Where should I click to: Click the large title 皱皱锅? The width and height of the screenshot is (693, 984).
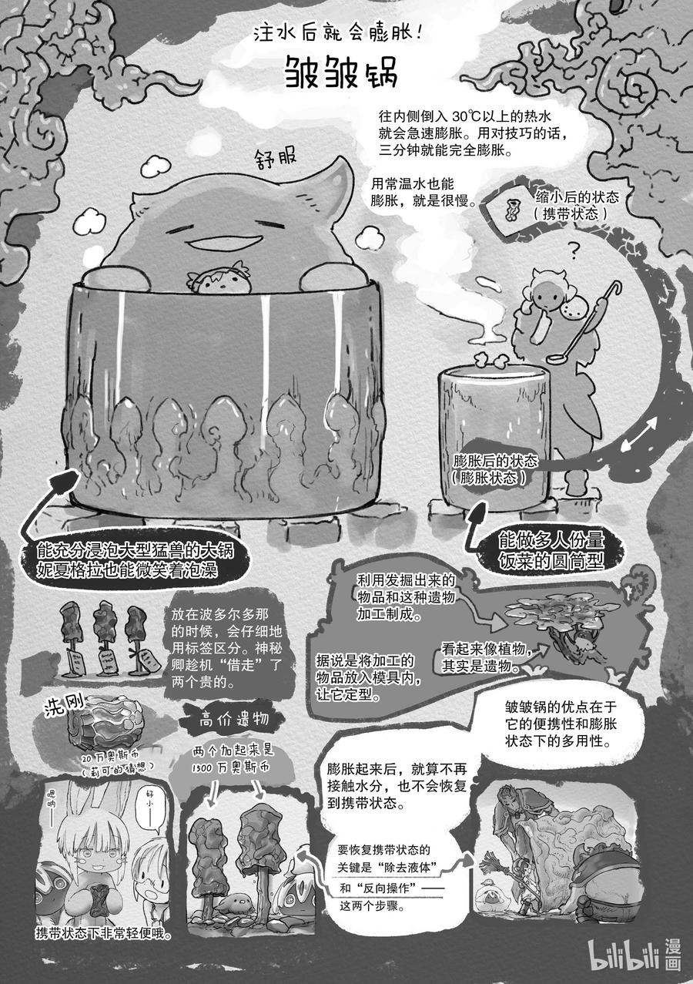341,72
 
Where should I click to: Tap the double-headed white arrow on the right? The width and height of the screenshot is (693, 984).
640,433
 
